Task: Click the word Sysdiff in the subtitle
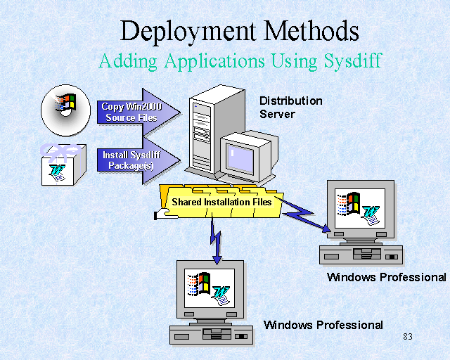coord(353,60)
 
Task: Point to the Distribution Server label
coord(290,107)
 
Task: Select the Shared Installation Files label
coord(221,202)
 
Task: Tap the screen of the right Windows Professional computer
coord(359,207)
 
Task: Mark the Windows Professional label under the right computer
coord(386,277)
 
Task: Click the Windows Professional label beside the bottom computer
coord(323,325)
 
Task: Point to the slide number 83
coord(408,337)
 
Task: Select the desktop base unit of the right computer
coord(360,254)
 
